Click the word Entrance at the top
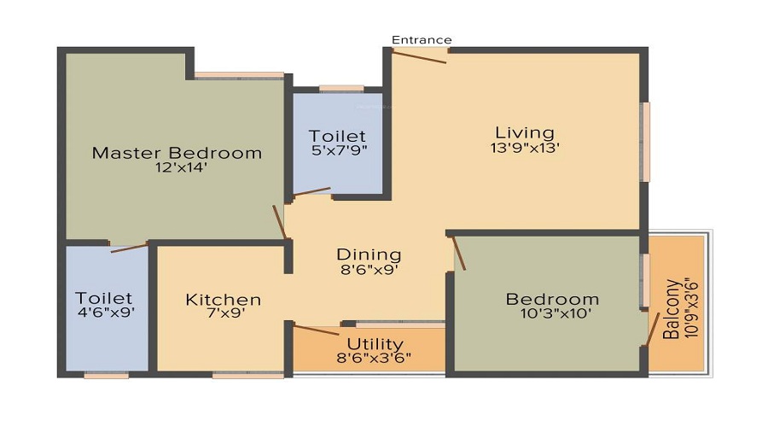[422, 40]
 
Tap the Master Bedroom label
[177, 154]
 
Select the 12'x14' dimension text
[177, 168]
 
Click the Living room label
[525, 132]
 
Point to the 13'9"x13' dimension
[525, 147]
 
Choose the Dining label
[369, 254]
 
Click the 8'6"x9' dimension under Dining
[369, 269]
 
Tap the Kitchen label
[223, 300]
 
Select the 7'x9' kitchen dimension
[223, 314]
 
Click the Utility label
[375, 344]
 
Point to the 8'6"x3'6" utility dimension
[375, 358]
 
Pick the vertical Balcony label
[672, 307]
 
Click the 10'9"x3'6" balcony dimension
[689, 307]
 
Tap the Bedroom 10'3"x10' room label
[552, 300]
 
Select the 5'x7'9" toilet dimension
[338, 151]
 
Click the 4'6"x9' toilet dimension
[104, 313]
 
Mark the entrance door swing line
[418, 57]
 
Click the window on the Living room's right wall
[646, 142]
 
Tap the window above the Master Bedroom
[239, 75]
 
